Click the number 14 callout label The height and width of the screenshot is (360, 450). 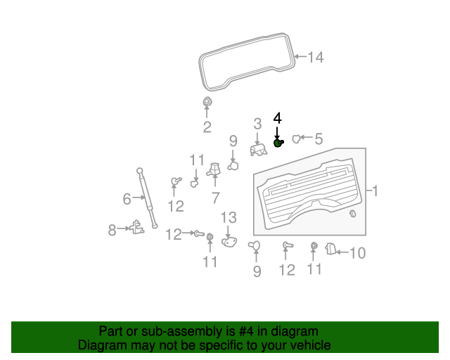click(x=316, y=58)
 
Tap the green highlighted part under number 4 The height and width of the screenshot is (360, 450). click(x=278, y=143)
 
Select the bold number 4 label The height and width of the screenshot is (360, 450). click(x=277, y=118)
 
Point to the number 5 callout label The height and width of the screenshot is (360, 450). click(x=319, y=139)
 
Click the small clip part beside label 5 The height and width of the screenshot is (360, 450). click(x=296, y=139)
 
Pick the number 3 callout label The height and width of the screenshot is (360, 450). click(x=257, y=124)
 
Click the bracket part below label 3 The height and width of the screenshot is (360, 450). click(x=258, y=149)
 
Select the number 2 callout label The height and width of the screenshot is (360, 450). click(x=207, y=127)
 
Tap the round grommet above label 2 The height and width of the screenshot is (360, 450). click(x=207, y=103)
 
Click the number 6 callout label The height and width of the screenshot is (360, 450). click(x=127, y=199)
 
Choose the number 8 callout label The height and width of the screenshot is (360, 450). click(x=112, y=229)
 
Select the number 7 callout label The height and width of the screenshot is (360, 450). click(x=216, y=198)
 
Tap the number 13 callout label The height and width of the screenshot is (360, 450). click(x=229, y=217)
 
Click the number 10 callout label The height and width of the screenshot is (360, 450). click(x=357, y=252)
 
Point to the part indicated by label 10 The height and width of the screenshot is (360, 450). click(x=332, y=248)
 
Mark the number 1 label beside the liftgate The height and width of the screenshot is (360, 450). click(x=375, y=191)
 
